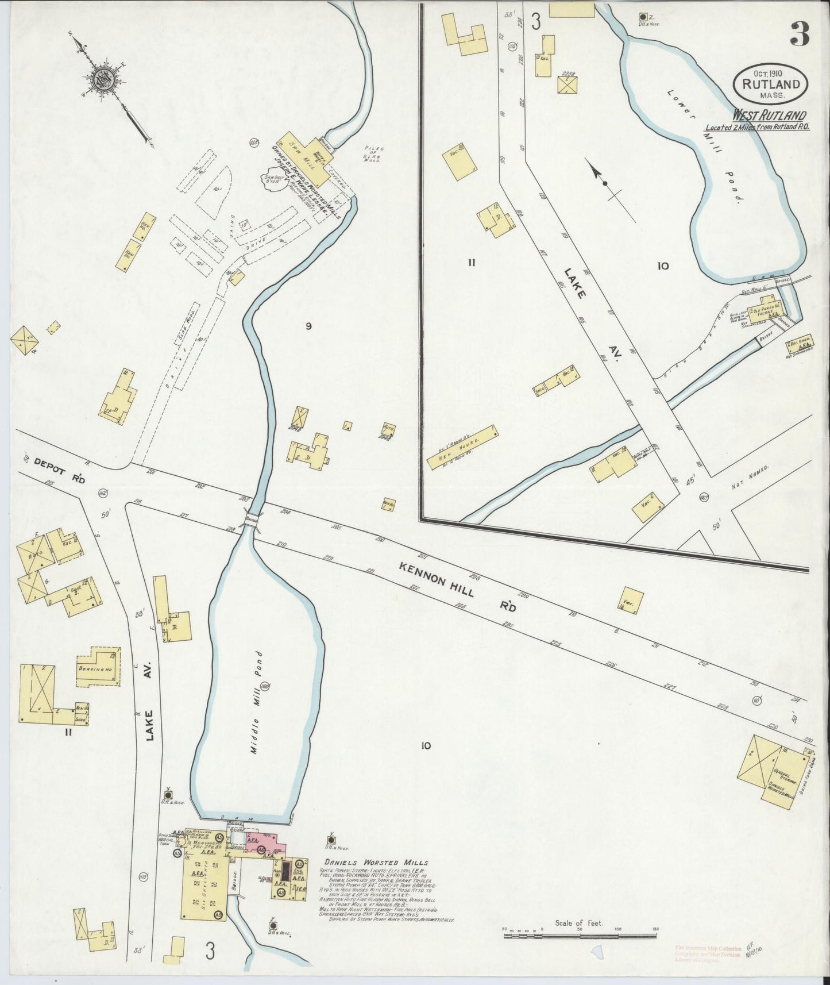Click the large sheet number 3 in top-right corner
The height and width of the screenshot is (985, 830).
point(799,35)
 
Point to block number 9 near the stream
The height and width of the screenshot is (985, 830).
point(308,326)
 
